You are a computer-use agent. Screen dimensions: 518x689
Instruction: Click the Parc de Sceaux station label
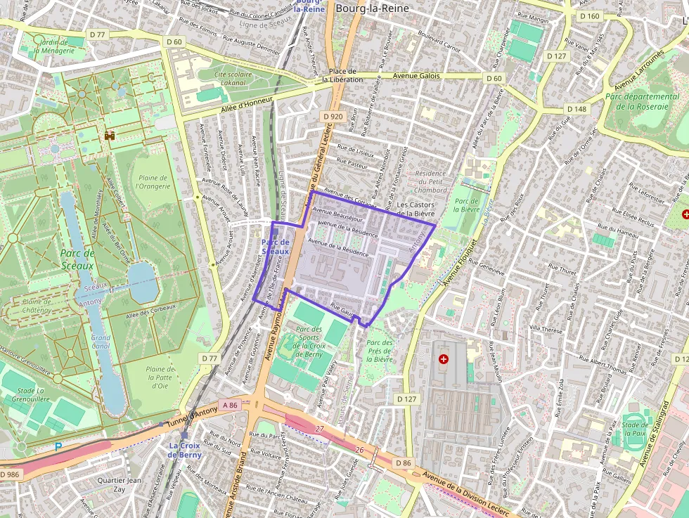276,247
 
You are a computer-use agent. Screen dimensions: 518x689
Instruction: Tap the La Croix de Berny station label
184,450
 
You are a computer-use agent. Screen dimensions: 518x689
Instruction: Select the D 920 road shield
333,116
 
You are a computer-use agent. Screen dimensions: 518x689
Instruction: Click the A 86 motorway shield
231,405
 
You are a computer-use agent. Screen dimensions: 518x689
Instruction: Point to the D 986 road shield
11,474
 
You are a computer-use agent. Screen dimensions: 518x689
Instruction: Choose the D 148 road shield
576,109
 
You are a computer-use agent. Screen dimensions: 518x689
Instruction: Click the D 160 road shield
589,15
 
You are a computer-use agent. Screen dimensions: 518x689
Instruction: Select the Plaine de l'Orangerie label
153,182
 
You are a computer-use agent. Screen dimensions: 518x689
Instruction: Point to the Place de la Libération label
342,75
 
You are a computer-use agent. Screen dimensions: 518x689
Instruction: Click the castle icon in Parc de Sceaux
109,135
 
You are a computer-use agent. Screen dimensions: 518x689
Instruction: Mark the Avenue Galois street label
416,76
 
